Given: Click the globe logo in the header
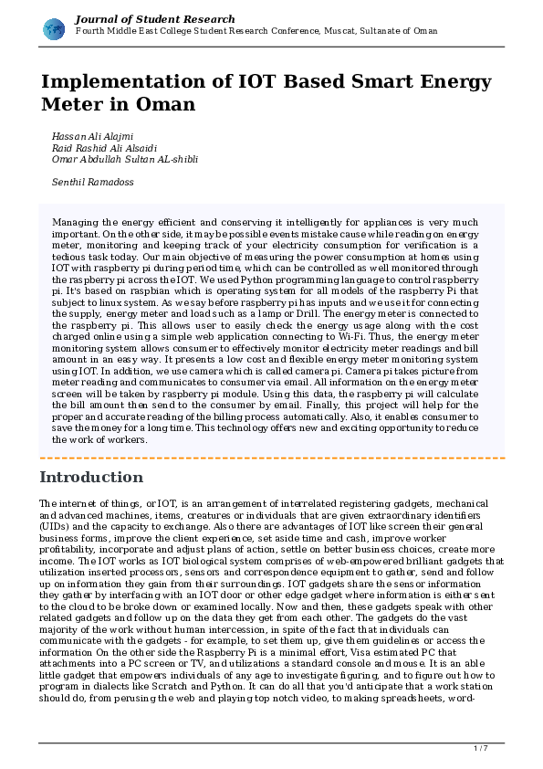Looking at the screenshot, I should pos(54,28).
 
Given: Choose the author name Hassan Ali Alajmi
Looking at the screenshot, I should pos(92,136).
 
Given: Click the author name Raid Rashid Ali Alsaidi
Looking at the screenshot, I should pos(105,147).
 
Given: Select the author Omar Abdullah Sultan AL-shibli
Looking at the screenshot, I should pos(124,159).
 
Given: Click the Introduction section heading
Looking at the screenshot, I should pos(91,478).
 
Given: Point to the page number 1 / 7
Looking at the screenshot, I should pos(481,749).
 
